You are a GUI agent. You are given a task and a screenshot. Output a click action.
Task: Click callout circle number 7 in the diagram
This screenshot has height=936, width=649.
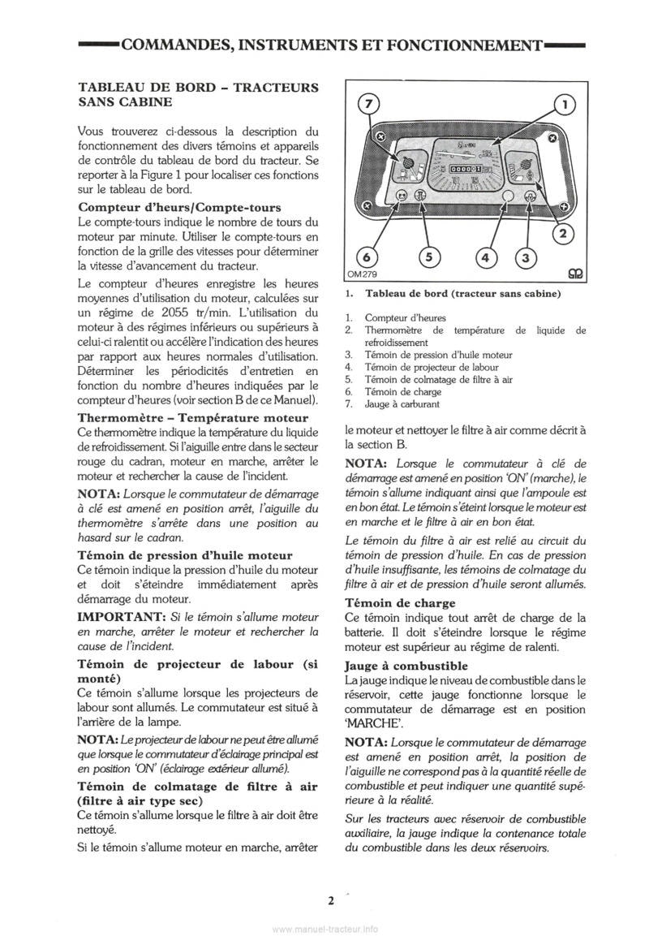click(x=369, y=104)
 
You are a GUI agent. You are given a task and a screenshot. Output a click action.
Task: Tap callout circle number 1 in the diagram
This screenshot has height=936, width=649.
click(x=565, y=104)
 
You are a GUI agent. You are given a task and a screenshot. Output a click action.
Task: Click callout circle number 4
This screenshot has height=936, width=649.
click(x=486, y=258)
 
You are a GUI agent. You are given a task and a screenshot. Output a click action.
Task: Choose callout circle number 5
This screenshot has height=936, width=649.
click(x=428, y=258)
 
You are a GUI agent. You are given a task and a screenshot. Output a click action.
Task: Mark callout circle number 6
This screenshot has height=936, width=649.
click(x=367, y=258)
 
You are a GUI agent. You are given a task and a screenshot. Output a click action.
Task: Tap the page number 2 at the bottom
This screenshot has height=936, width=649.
click(x=330, y=900)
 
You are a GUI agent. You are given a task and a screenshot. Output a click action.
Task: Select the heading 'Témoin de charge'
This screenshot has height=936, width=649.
click(x=389, y=603)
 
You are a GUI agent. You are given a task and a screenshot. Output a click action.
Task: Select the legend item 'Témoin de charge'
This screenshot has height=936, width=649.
click(x=403, y=391)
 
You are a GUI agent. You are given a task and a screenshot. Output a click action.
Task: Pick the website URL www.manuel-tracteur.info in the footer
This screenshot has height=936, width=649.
click(x=324, y=929)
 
